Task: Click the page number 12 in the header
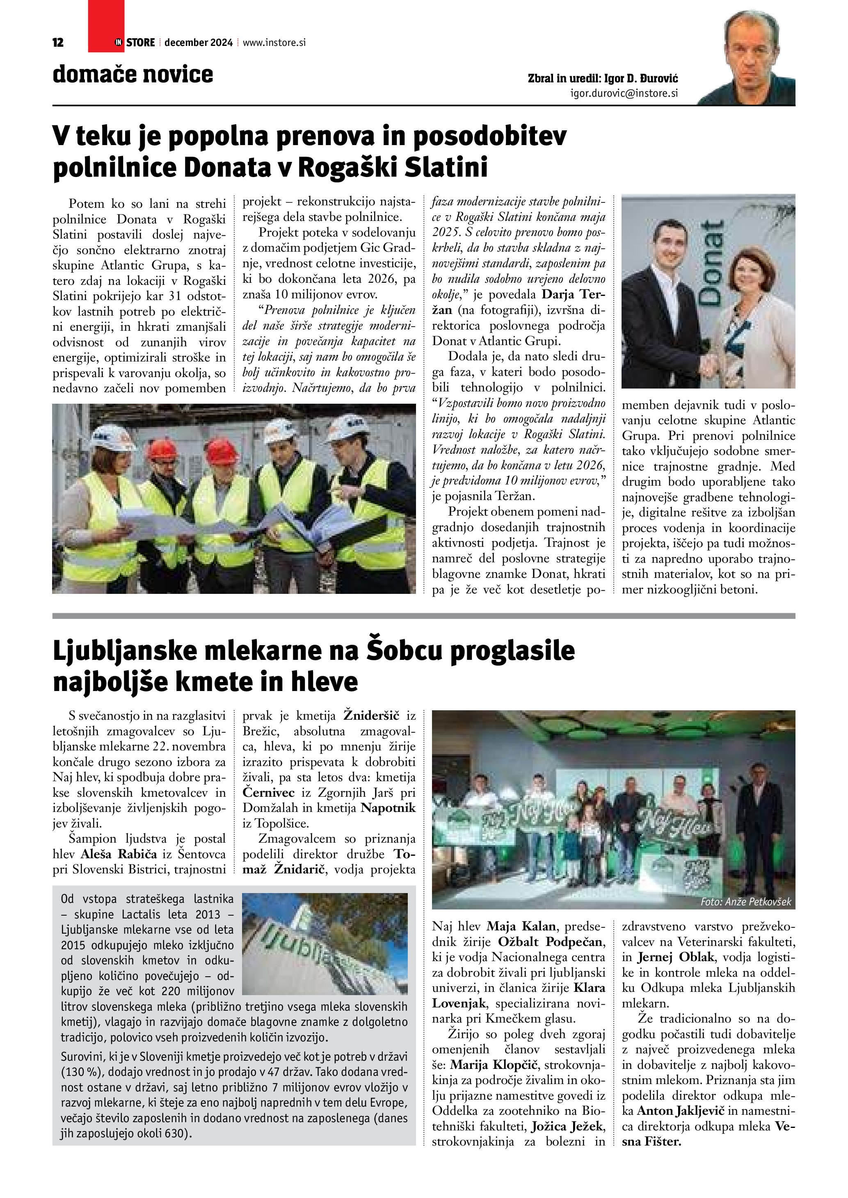58,43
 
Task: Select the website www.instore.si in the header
274,43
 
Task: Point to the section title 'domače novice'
133,75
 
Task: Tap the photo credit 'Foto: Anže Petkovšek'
746,902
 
